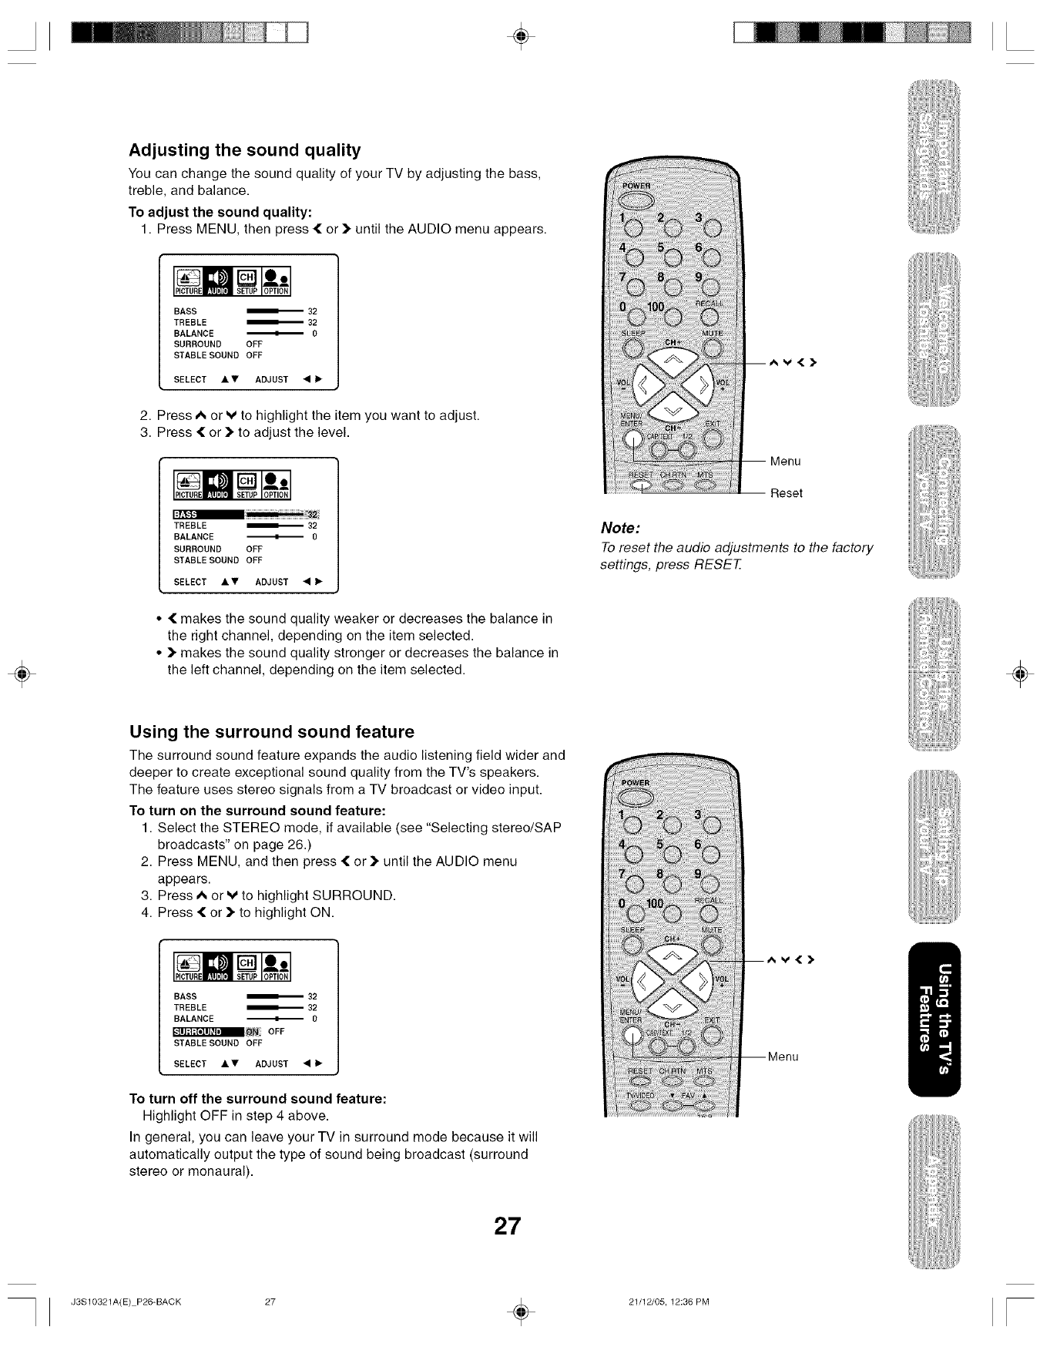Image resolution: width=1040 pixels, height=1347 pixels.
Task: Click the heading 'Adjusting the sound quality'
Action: point(245,149)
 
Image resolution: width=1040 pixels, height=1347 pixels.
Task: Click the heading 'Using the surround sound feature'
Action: point(272,731)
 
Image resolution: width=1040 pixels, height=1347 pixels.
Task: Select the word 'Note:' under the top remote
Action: point(621,529)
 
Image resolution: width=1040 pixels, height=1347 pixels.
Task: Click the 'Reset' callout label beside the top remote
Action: point(786,493)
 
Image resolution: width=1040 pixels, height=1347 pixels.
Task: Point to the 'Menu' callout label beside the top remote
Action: point(785,461)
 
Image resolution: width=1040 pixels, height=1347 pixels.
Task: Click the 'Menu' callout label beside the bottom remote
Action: point(783,1056)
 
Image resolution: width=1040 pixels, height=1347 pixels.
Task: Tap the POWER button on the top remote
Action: point(637,200)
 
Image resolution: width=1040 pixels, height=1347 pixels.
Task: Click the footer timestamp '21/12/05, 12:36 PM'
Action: point(668,1303)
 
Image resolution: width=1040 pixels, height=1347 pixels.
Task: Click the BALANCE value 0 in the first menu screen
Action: point(314,334)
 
